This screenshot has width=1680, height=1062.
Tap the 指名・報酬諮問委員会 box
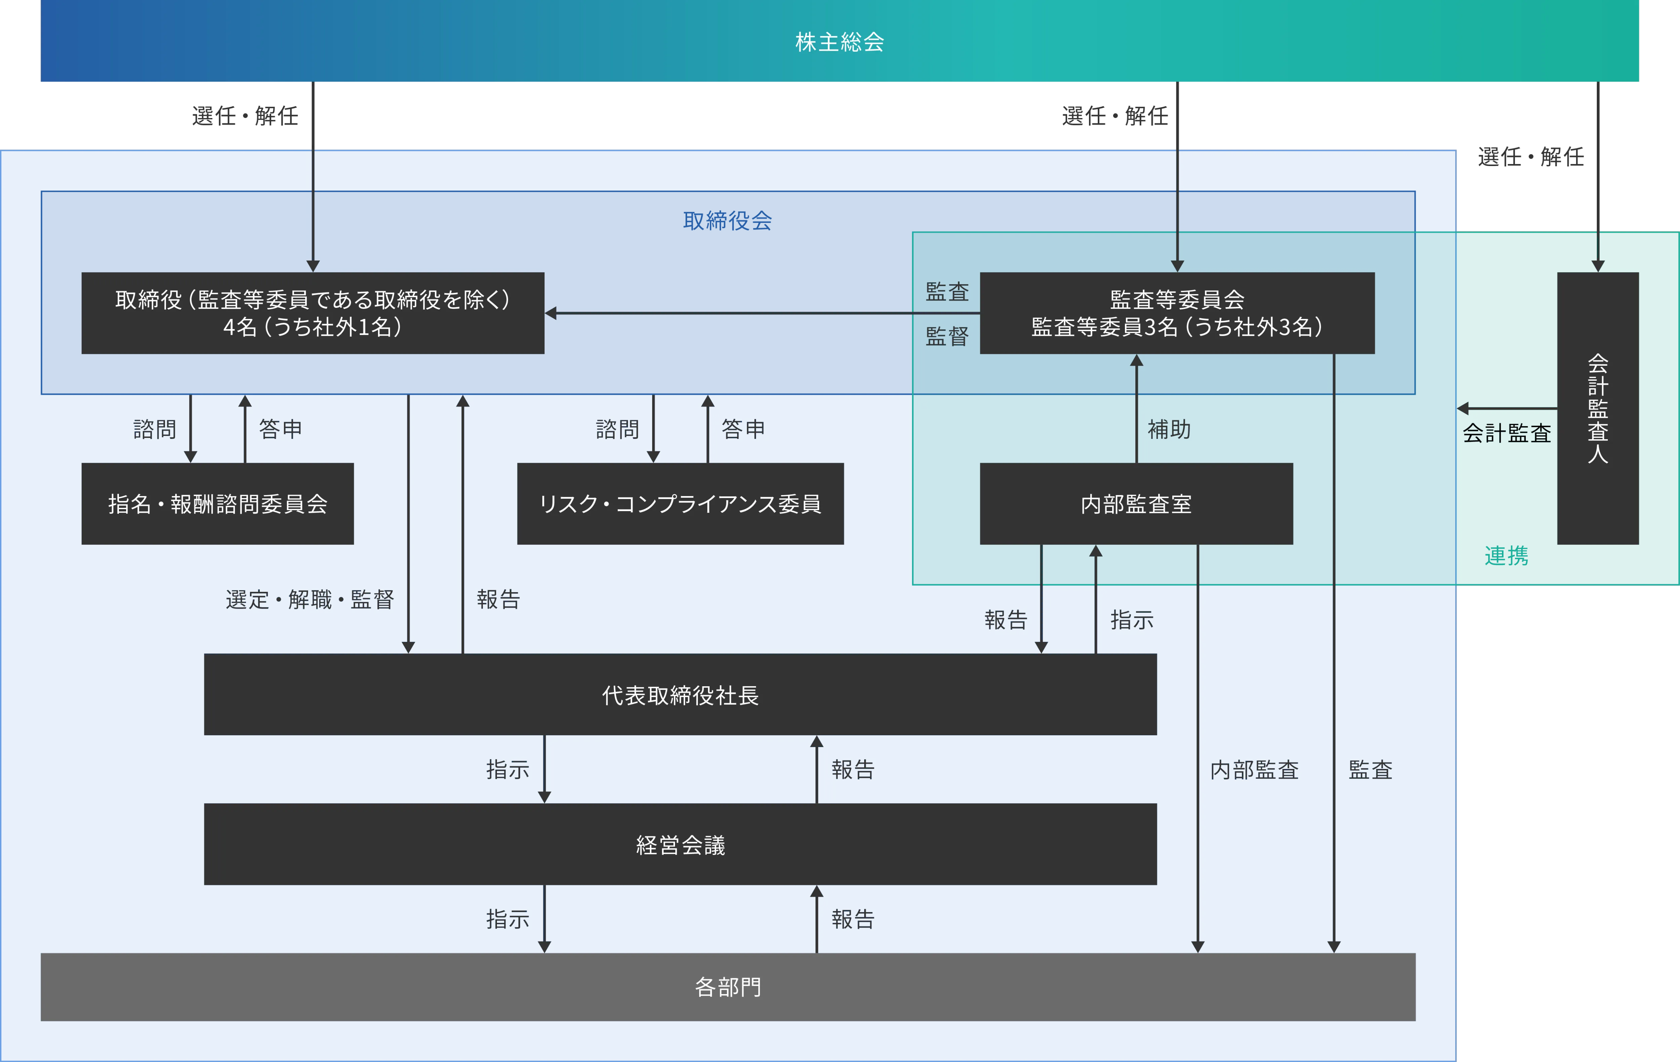(218, 504)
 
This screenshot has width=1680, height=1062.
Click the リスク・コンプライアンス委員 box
(680, 504)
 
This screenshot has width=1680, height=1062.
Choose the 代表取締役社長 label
(680, 695)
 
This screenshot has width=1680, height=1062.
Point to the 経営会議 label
(680, 845)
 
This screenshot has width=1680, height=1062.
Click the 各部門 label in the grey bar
(728, 987)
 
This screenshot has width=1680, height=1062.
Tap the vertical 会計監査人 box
(1598, 408)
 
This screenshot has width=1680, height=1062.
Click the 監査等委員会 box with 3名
(1177, 313)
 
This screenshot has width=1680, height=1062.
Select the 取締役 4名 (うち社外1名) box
(312, 313)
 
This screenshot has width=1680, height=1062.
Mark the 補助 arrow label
(1169, 429)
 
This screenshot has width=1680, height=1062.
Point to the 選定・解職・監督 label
(310, 599)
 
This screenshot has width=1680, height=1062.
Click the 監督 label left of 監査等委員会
(947, 336)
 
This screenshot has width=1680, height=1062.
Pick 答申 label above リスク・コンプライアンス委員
(743, 429)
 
